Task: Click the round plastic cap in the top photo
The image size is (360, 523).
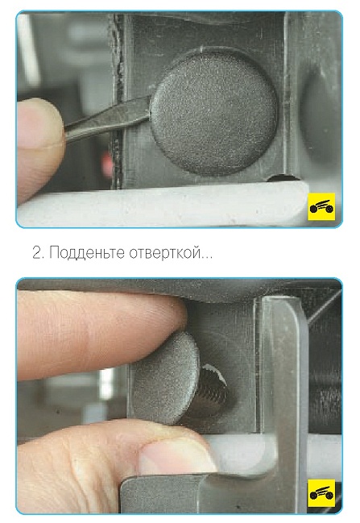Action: [x=214, y=112]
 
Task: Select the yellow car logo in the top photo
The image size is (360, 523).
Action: [x=321, y=206]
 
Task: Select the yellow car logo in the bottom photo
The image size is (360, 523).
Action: [x=321, y=493]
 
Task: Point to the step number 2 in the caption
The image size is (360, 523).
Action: [x=36, y=252]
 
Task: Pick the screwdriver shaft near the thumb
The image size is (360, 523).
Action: [x=106, y=119]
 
